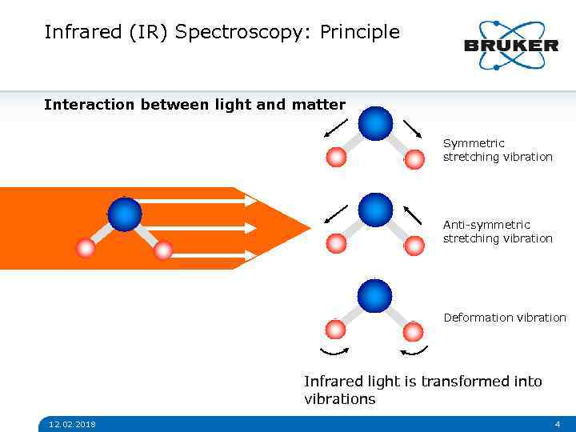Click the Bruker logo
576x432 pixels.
pos(511,45)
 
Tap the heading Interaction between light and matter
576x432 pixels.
pos(194,105)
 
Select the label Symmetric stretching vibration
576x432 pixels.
pos(498,150)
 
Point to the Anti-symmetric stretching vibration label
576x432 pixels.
pos(498,231)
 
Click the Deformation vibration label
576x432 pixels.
pos(505,318)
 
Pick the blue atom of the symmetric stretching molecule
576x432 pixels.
pos(375,124)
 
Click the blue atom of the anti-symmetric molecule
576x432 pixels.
pos(375,210)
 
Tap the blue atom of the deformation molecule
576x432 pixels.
pos(375,296)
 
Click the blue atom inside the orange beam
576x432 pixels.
pos(125,214)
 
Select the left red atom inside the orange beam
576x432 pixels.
pos(86,249)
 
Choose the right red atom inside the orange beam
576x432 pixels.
pos(163,250)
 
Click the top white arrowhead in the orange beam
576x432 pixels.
pos(250,201)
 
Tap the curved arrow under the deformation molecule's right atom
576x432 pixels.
pos(414,350)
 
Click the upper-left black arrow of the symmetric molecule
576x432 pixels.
pos(336,128)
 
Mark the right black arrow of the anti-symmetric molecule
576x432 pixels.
pos(413,214)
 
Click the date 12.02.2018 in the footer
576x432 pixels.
pos(71,424)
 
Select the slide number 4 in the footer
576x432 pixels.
pos(557,424)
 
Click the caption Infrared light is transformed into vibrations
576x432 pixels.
pos(422,390)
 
